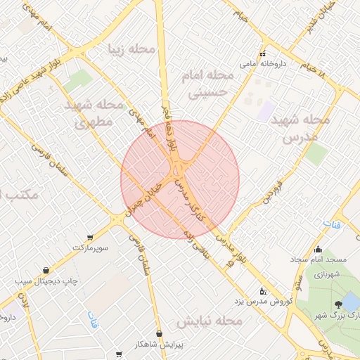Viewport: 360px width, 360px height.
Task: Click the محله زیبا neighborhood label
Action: [x=131, y=49]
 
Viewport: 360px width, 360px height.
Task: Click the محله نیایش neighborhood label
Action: [x=209, y=321]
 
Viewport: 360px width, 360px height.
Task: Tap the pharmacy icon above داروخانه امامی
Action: [x=263, y=53]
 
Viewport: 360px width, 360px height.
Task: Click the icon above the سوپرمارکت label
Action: [x=89, y=237]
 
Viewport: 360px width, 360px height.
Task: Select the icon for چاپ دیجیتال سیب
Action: [x=46, y=270]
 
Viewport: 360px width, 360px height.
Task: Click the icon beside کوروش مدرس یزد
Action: [x=263, y=290]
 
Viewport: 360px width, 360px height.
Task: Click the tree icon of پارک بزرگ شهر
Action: [x=339, y=303]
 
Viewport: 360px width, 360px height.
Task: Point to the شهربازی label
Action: [x=327, y=273]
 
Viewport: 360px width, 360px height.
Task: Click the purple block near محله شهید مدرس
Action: [x=265, y=110]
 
